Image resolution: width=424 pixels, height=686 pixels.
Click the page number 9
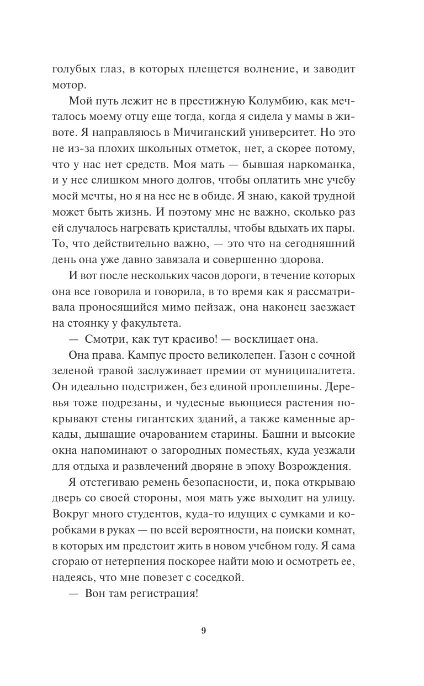[204, 631]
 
